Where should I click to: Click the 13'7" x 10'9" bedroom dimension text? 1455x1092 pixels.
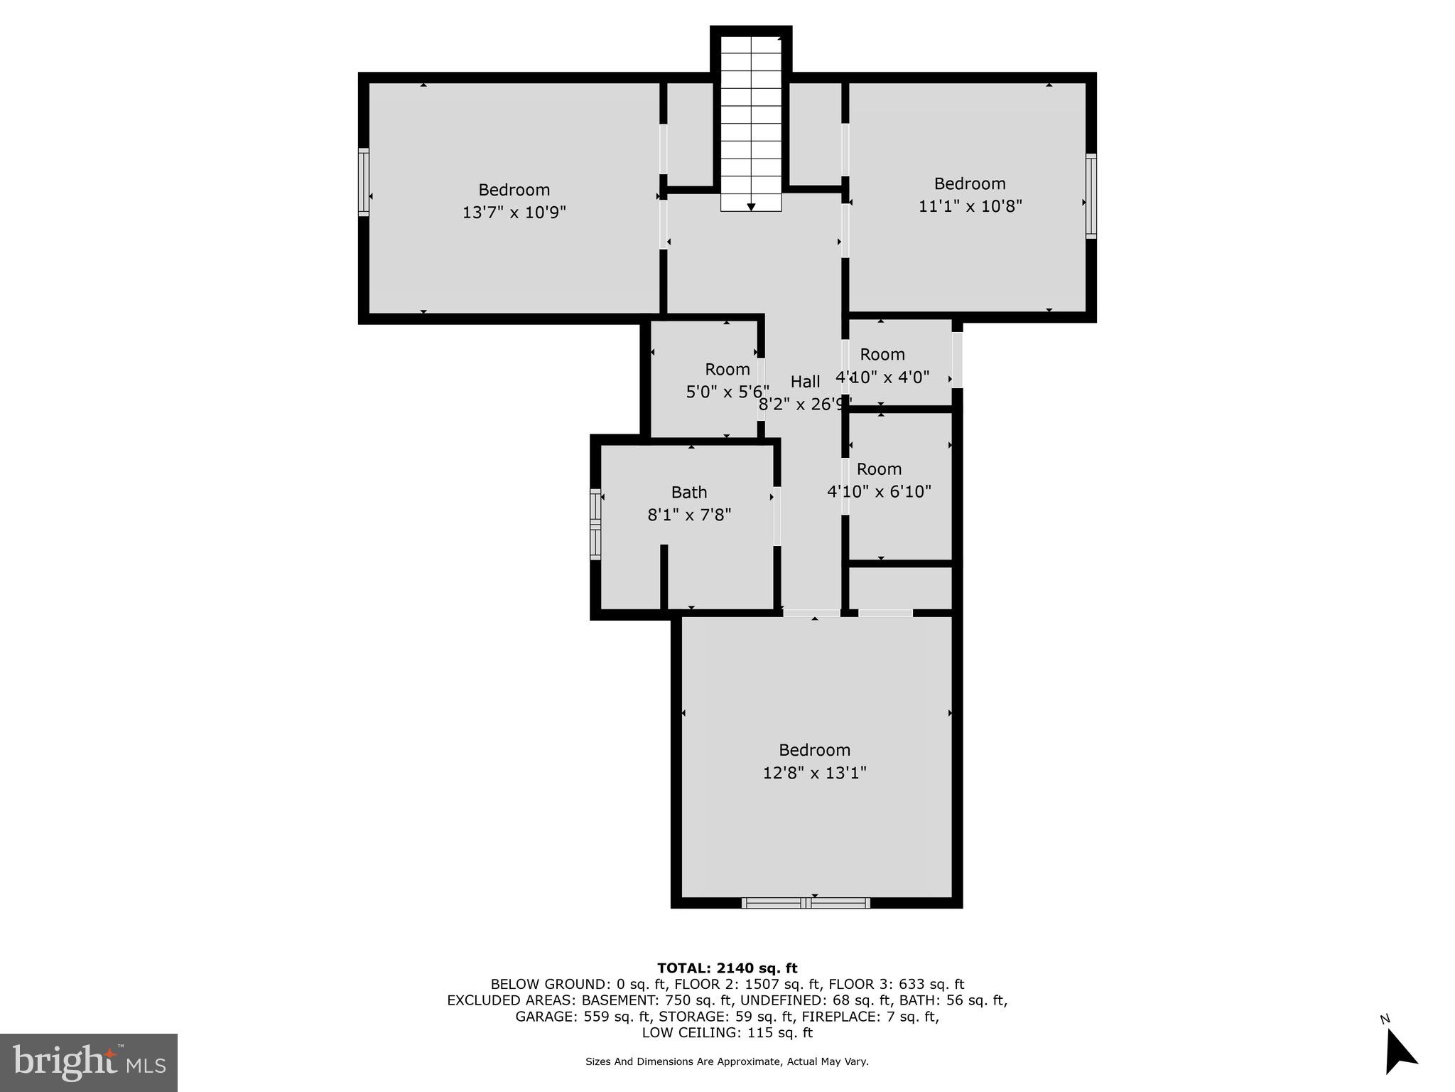click(x=514, y=213)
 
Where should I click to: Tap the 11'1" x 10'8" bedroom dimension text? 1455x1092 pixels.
click(x=970, y=206)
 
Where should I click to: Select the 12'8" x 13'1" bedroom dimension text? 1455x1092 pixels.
click(x=814, y=772)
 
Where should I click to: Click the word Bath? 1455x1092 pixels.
click(x=688, y=492)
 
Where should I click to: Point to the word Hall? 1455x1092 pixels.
click(x=805, y=382)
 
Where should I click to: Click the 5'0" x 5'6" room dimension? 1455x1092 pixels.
click(x=727, y=392)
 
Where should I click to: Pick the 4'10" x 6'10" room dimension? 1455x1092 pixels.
click(x=879, y=491)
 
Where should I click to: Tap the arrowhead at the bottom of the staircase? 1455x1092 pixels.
click(x=751, y=207)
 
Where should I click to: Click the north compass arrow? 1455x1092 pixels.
click(x=1400, y=1056)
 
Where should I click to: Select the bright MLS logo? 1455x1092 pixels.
click(x=89, y=1062)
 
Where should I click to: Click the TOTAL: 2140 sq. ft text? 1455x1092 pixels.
click(x=727, y=968)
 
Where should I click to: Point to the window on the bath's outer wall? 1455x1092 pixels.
click(x=595, y=524)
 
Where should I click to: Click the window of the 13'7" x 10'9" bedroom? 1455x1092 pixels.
click(x=364, y=182)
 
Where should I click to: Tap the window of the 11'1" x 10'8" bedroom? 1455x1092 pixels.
click(x=1091, y=196)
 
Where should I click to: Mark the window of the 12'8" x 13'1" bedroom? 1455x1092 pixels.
click(x=806, y=903)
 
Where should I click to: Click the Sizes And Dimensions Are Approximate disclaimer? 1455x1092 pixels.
click(x=726, y=1061)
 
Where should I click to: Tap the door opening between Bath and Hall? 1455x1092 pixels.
click(x=777, y=516)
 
